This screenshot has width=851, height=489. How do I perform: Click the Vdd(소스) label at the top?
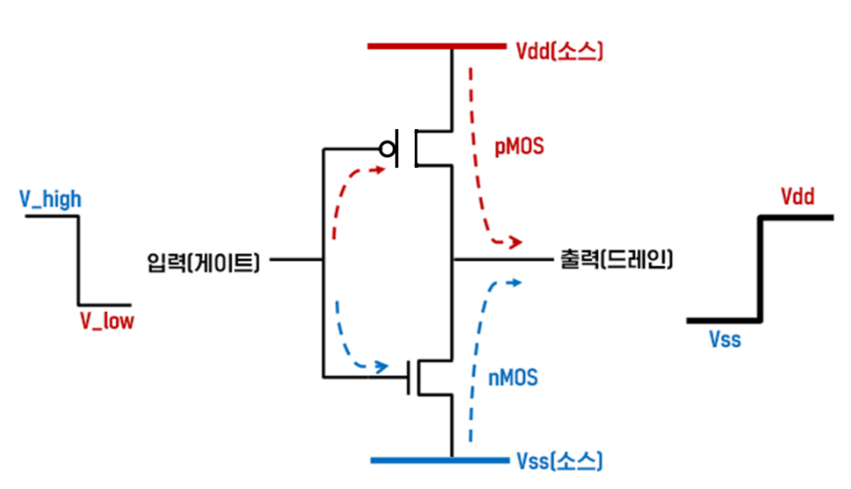coord(558,50)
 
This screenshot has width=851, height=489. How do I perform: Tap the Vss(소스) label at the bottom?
coord(558,461)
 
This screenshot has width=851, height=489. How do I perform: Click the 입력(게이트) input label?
coord(204,261)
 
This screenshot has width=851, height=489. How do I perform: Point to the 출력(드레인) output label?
coord(617,260)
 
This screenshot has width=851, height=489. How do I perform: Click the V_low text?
coord(107,321)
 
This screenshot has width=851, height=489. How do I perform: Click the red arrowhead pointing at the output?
coord(516,241)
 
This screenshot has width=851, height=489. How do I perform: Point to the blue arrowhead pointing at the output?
coord(515,281)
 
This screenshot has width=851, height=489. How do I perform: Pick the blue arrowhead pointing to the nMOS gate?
coord(384,365)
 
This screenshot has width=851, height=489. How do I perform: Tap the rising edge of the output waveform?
coord(760,268)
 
